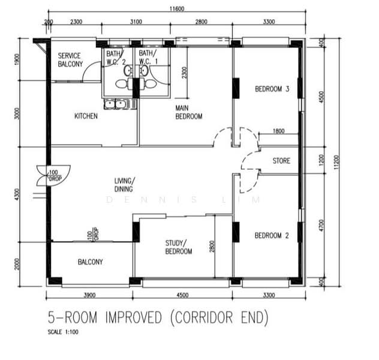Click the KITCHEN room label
point(86,116)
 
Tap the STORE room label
point(281,161)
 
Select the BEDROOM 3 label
point(272,89)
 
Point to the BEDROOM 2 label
point(272,235)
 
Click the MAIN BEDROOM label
point(189,112)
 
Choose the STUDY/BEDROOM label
point(179,247)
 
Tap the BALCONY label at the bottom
point(90,262)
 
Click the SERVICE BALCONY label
point(70,60)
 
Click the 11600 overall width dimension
point(177,9)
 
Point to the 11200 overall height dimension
point(336,162)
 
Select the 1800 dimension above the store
point(278,131)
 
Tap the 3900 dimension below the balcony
point(89,295)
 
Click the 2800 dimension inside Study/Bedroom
point(212,247)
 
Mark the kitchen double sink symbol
point(115,104)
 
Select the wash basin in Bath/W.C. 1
point(144,71)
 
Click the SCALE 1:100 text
point(63,332)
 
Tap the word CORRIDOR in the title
point(204,317)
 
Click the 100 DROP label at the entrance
point(55,176)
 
